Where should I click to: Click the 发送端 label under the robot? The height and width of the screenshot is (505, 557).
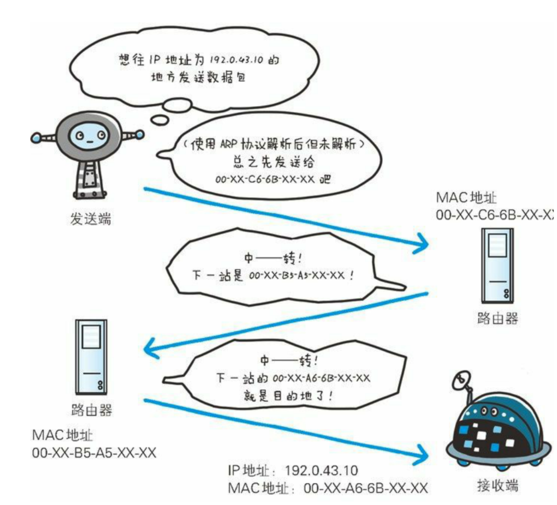click(91, 219)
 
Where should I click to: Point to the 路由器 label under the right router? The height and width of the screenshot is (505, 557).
click(497, 318)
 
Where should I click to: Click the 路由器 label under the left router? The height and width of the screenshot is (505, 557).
click(92, 410)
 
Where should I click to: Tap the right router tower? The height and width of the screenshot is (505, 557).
click(497, 265)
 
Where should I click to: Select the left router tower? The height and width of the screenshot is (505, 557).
click(91, 357)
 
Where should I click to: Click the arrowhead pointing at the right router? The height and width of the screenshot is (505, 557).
click(422, 243)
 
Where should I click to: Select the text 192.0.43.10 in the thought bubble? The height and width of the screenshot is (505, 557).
click(236, 60)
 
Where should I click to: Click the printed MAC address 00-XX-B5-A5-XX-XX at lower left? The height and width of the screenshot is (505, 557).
click(94, 453)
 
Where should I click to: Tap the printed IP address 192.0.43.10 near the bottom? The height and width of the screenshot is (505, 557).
click(321, 470)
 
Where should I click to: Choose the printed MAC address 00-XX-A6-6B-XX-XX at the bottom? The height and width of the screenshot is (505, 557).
click(365, 488)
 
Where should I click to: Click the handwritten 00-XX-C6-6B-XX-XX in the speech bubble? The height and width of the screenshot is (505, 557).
click(265, 179)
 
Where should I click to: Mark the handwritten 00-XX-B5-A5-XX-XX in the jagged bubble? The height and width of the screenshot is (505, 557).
click(297, 276)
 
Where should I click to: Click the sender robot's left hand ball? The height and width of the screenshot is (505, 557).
click(36, 138)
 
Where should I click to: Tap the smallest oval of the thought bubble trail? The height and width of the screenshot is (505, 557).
click(160, 120)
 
